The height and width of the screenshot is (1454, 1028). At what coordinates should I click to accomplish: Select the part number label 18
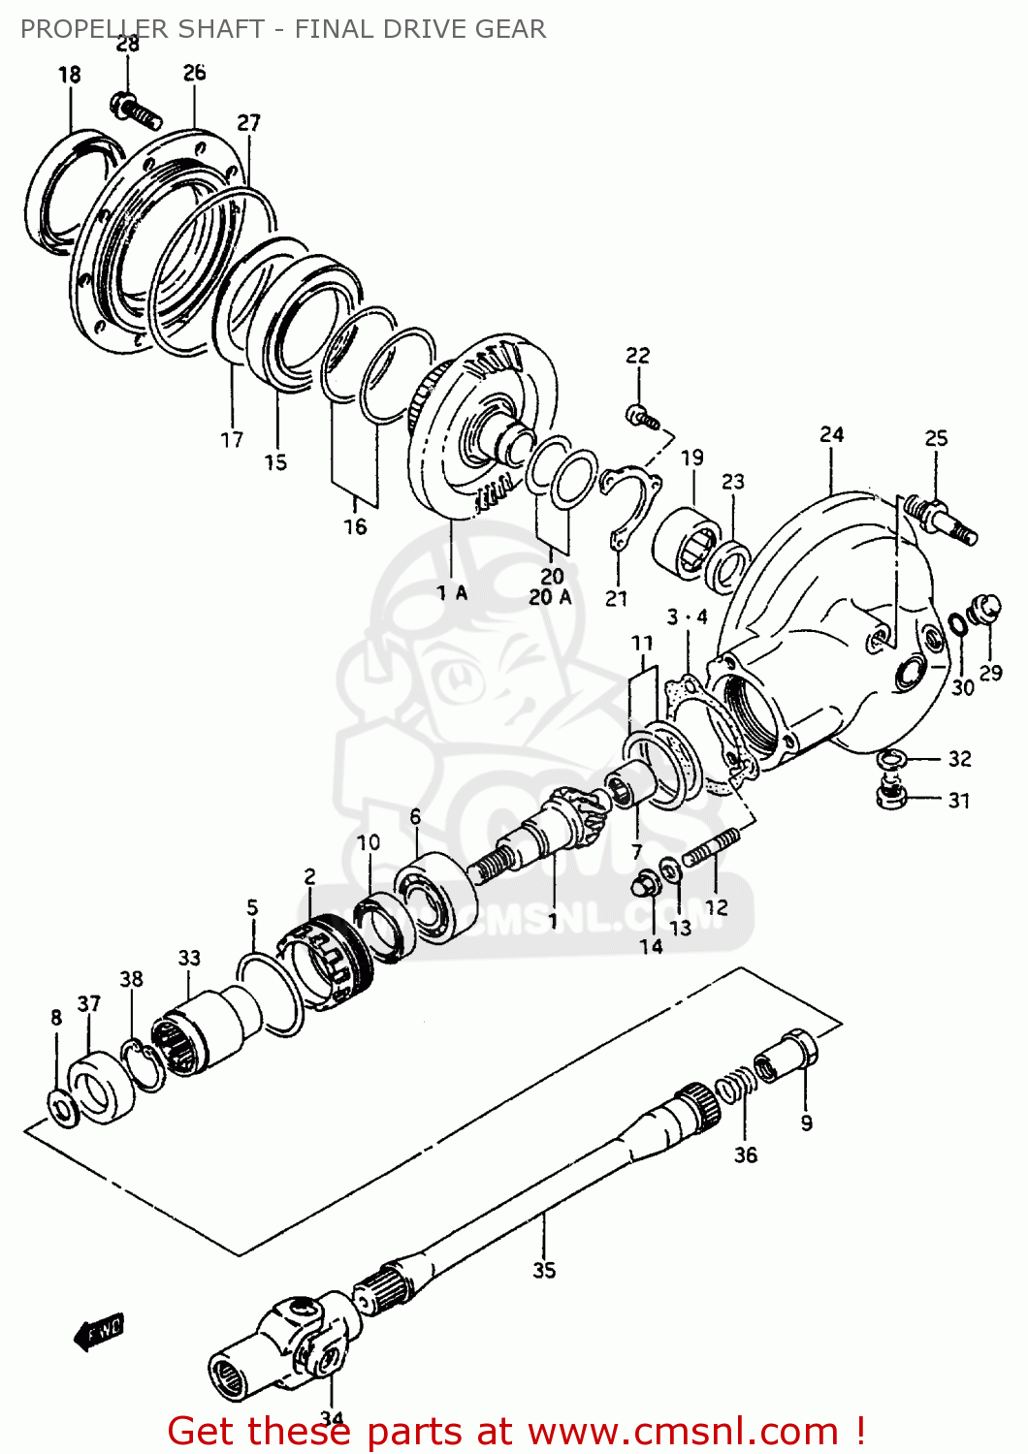click(x=69, y=75)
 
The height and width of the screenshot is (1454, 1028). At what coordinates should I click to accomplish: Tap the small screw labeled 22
click(x=642, y=417)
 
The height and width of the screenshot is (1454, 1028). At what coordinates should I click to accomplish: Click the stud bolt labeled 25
click(x=939, y=518)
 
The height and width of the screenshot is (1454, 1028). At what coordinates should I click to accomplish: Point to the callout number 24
click(x=831, y=434)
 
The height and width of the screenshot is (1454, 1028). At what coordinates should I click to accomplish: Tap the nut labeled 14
click(x=644, y=884)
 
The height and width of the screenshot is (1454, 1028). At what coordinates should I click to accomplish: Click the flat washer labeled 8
click(x=64, y=1107)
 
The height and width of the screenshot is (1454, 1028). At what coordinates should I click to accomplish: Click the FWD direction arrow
click(x=98, y=1332)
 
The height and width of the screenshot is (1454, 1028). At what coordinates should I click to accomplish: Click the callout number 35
click(x=543, y=1269)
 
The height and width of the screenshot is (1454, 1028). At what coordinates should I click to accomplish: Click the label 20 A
click(x=550, y=597)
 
